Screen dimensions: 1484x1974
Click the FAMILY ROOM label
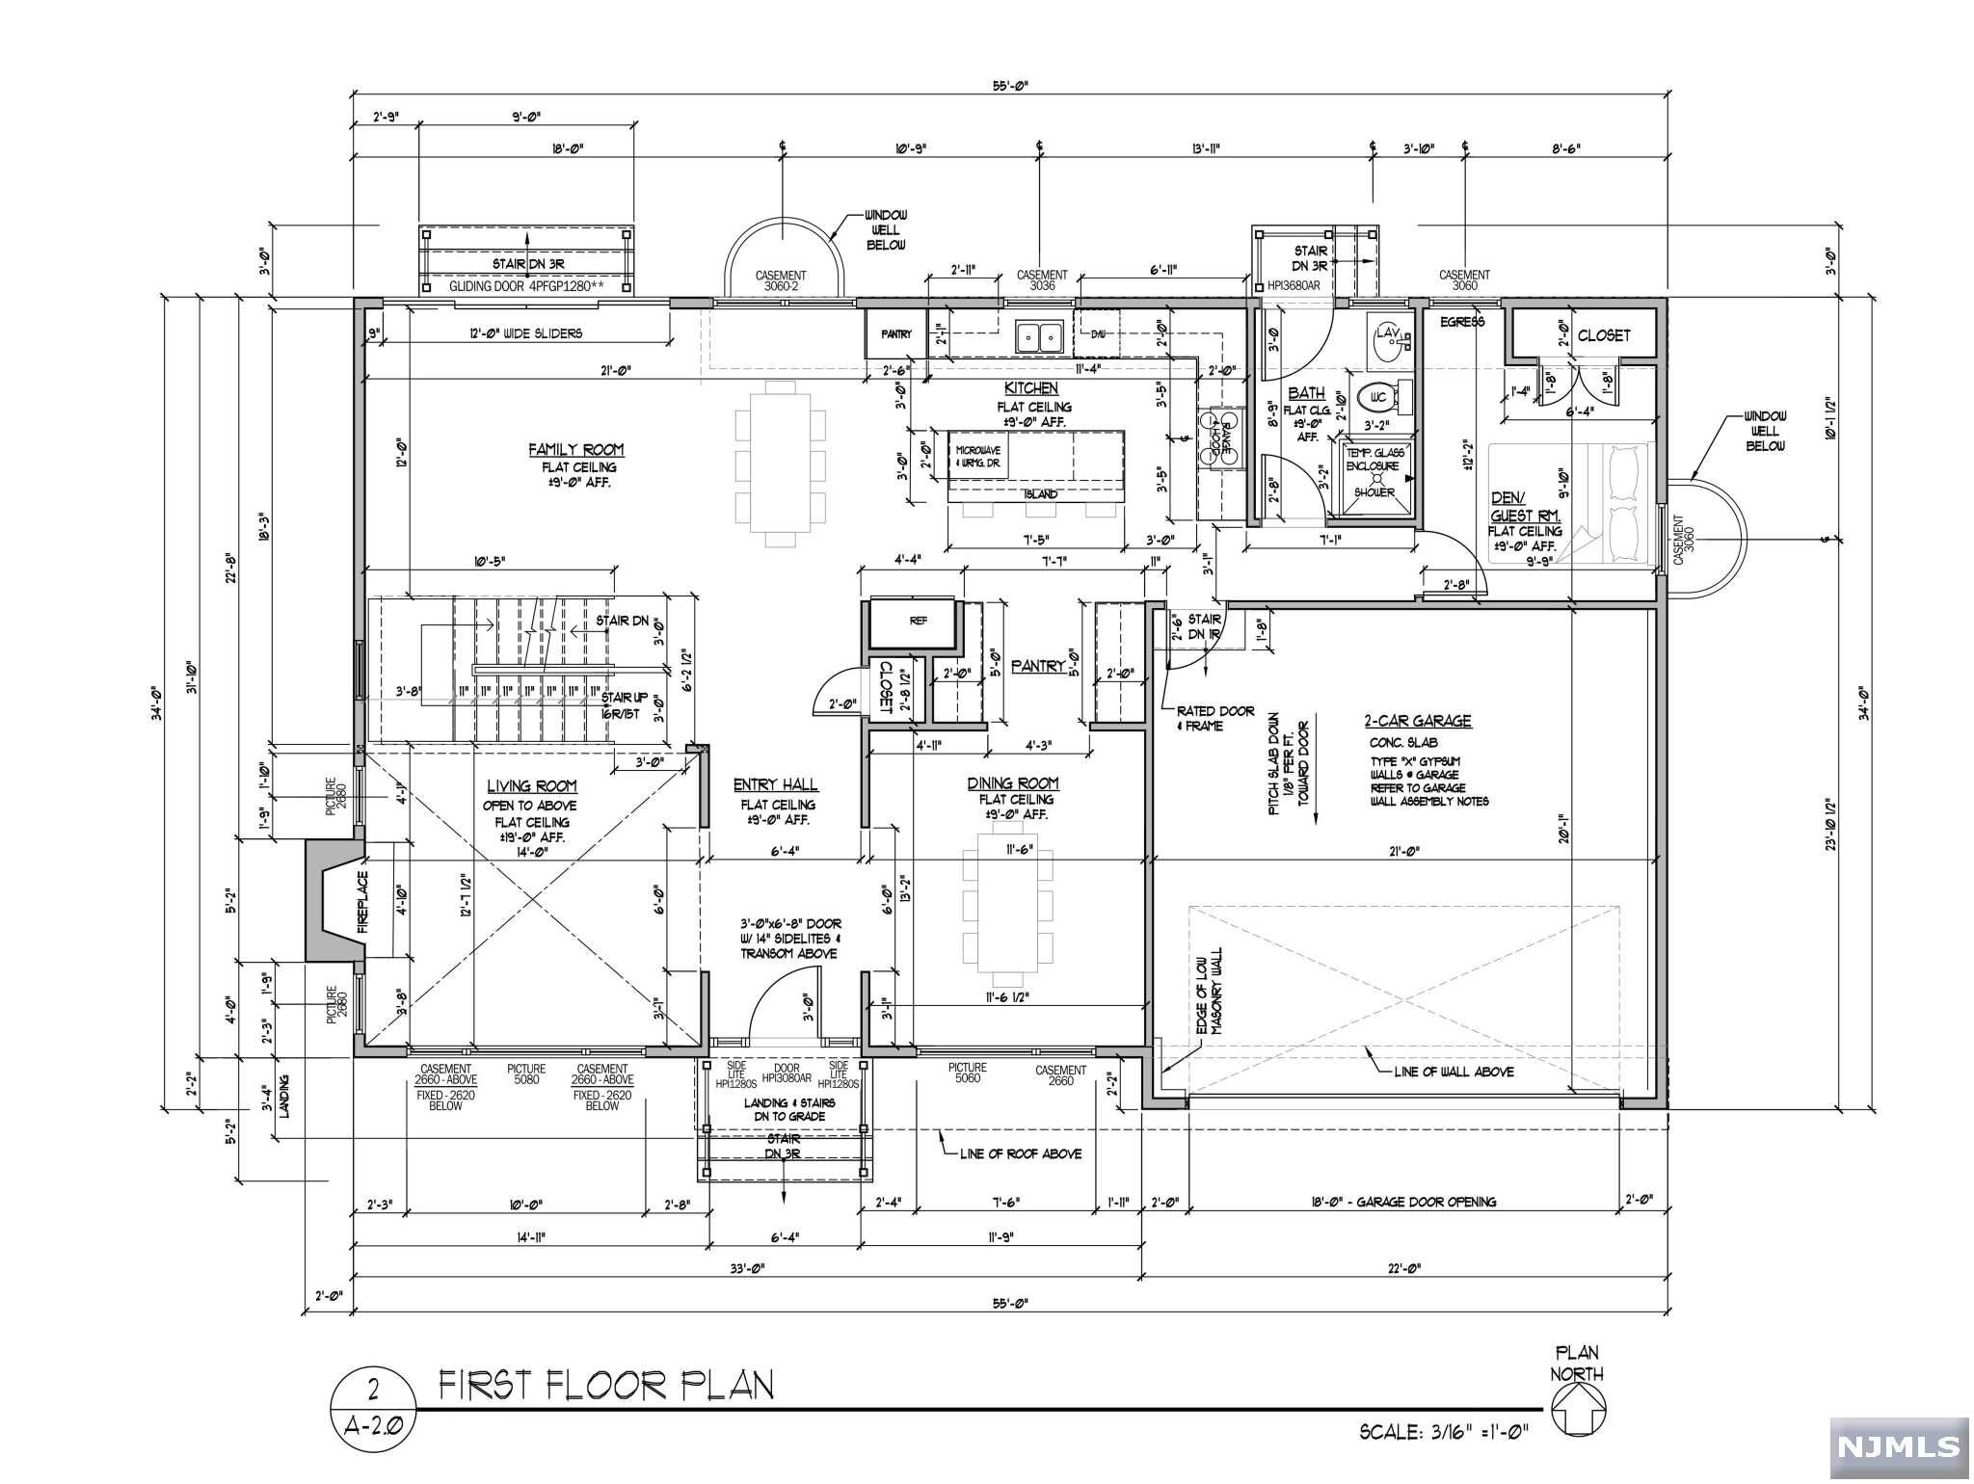575,450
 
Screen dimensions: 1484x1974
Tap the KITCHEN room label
1030,388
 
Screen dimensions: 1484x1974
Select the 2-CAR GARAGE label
1417,721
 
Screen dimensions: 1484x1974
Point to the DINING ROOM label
1013,783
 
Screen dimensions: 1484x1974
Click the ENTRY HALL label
775,784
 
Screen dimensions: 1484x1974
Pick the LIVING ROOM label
531,786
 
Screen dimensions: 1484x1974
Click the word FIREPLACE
363,903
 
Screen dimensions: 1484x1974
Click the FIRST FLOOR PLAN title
606,1387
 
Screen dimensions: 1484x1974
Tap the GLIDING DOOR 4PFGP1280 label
526,287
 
